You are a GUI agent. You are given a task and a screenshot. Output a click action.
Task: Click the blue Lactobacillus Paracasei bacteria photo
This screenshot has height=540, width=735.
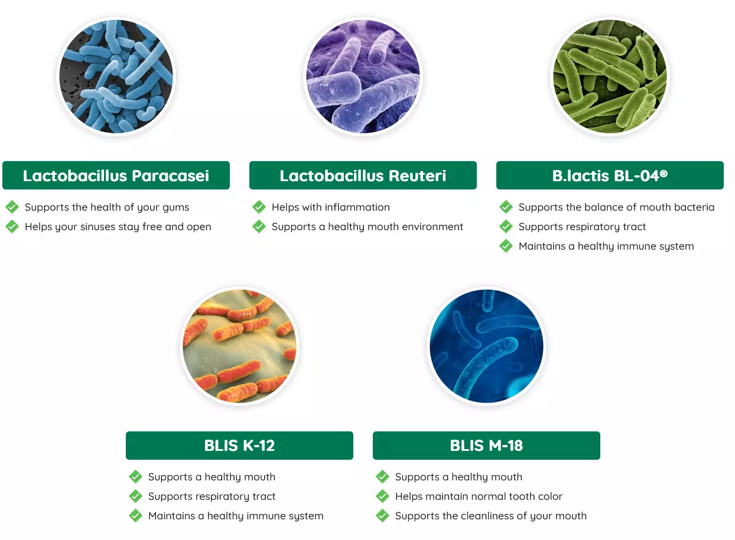116,76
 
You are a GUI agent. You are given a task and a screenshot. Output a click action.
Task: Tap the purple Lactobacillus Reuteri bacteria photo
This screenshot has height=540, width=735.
363,76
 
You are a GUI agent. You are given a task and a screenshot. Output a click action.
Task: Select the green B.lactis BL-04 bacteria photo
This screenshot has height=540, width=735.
610,76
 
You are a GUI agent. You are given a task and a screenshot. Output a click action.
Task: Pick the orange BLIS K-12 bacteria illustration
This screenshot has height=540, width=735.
239,346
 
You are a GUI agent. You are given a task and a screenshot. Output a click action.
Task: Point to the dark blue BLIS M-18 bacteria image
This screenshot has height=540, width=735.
487,346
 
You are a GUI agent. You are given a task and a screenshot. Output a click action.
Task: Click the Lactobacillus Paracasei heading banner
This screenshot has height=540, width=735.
116,175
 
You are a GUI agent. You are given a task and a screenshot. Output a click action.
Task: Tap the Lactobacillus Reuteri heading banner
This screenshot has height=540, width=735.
363,175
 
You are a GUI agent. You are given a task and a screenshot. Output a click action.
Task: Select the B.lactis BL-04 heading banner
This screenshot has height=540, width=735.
610,175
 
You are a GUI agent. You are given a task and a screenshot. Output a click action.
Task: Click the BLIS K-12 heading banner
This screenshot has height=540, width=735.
239,446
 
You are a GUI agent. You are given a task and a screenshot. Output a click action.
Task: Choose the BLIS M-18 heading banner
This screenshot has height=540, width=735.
487,446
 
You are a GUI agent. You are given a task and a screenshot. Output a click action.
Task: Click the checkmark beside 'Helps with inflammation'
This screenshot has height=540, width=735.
259,207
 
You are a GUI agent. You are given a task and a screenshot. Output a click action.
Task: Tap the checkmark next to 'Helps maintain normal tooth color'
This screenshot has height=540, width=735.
383,496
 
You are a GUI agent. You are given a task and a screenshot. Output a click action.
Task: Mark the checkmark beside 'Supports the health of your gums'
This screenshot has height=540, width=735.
12,207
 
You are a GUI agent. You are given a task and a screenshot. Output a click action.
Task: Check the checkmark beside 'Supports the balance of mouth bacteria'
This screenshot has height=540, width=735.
506,207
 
